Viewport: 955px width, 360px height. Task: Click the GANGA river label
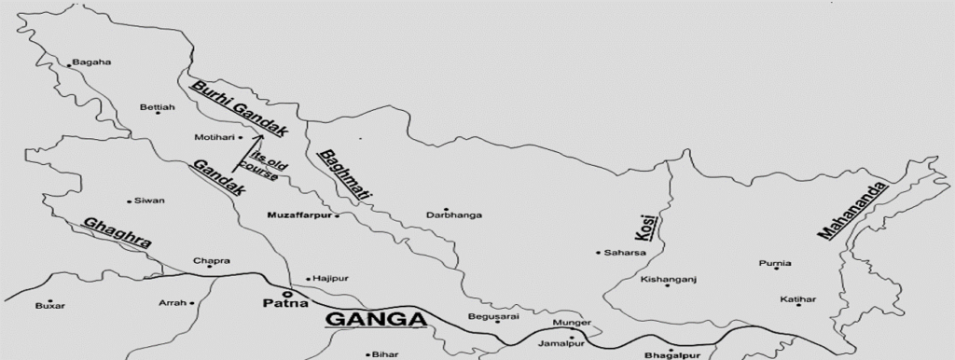click(x=376, y=320)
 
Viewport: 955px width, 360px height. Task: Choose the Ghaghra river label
click(x=117, y=232)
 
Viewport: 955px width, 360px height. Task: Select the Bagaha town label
click(x=92, y=62)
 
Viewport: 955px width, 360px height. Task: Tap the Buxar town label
click(x=48, y=306)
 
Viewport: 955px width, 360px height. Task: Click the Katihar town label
click(x=799, y=299)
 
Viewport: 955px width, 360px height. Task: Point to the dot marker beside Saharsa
click(x=598, y=253)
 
